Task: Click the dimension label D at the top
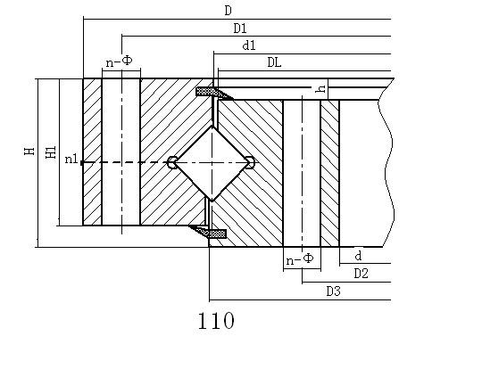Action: [228, 11]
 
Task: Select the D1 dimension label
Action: [240, 29]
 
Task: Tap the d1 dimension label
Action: [249, 45]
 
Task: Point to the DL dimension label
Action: [274, 62]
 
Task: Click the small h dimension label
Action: [321, 89]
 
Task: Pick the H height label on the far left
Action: [29, 151]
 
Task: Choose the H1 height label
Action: [51, 152]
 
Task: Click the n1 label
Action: [71, 159]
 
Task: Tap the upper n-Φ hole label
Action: [119, 61]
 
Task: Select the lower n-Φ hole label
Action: [300, 259]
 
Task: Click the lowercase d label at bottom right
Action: [358, 256]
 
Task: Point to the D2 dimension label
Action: [361, 273]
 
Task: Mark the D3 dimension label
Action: [334, 291]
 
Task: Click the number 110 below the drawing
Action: [216, 321]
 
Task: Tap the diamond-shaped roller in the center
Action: [212, 163]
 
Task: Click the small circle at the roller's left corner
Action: [172, 162]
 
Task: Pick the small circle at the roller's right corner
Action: [251, 162]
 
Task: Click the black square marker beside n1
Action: [82, 163]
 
